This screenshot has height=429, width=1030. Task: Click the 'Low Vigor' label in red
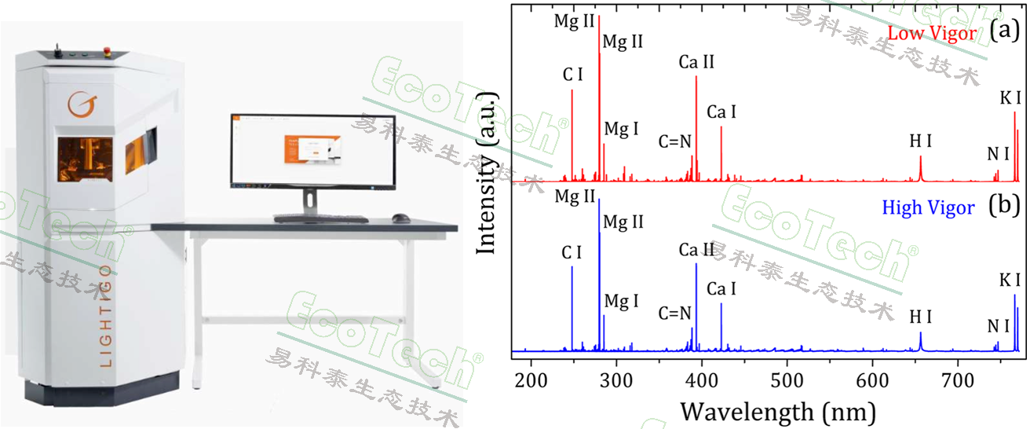click(x=931, y=34)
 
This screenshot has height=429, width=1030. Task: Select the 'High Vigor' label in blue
click(x=928, y=208)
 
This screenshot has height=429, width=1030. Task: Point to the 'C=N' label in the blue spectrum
click(x=675, y=313)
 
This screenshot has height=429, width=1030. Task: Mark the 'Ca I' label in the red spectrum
click(x=721, y=112)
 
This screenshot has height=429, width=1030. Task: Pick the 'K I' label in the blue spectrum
click(x=1010, y=280)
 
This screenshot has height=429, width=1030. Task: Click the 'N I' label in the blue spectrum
click(x=998, y=326)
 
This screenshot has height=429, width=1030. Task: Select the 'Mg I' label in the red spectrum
click(x=621, y=128)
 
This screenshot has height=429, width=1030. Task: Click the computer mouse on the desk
click(x=400, y=218)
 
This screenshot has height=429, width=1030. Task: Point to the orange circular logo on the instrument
click(x=78, y=104)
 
